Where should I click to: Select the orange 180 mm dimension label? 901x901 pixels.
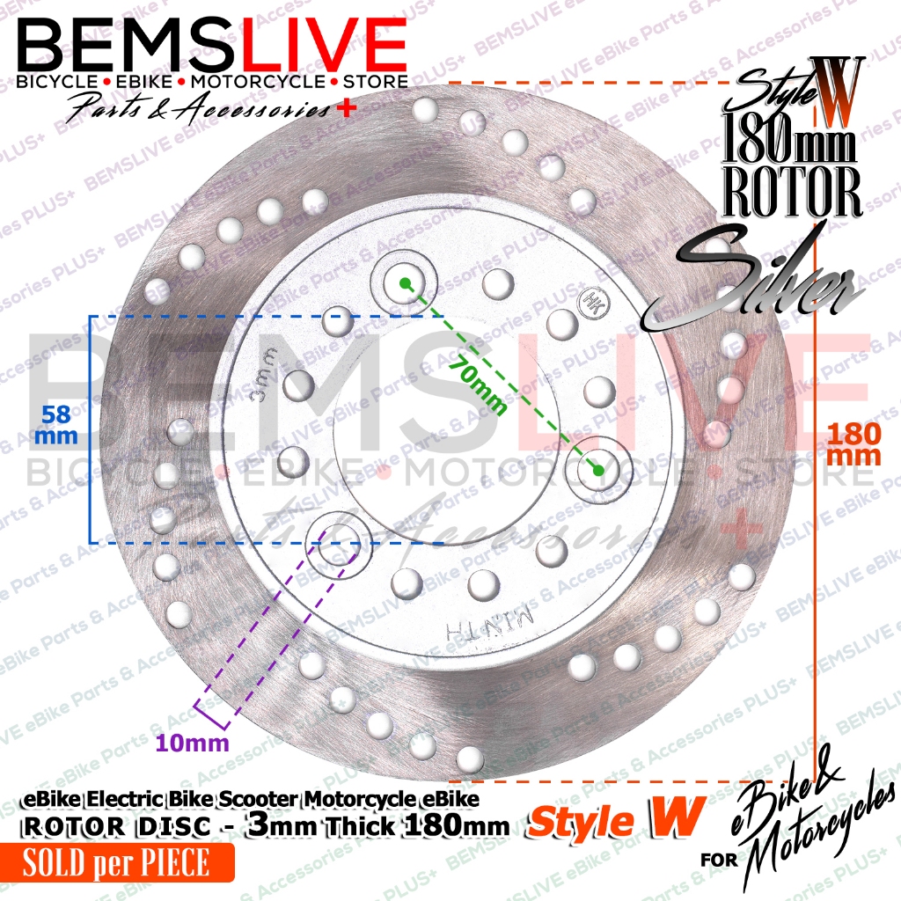pos(854,443)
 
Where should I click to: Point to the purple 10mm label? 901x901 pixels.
pos(193,743)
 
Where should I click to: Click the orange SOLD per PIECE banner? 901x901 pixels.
pos(117,863)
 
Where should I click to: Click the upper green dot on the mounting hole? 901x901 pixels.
pos(404,282)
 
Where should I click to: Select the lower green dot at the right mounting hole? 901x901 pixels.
pos(598,470)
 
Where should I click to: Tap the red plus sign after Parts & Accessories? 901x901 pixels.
pos(328,109)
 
